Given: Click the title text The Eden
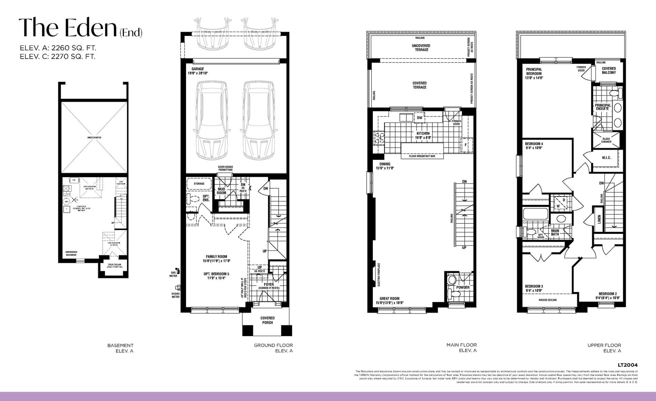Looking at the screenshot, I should tap(68, 28).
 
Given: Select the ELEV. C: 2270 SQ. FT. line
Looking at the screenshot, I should tap(58, 57).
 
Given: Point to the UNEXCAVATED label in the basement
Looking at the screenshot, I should tap(94, 137).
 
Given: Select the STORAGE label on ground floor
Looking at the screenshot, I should tap(199, 184).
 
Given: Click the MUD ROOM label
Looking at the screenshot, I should tap(221, 191).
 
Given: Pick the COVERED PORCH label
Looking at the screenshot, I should tap(267, 320).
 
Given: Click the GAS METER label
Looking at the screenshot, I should tap(173, 274).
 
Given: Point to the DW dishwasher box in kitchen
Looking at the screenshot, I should tap(419, 118).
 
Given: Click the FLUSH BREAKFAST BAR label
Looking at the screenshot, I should tap(422, 156).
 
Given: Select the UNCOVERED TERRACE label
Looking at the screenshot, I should tap(421, 48).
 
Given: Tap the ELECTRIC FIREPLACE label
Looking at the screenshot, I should tap(379, 275).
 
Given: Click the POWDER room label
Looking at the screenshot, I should tap(463, 287).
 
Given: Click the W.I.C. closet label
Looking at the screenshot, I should tap(606, 158).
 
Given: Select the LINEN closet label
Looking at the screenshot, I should tap(599, 219).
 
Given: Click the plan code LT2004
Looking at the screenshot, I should tap(628, 365).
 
